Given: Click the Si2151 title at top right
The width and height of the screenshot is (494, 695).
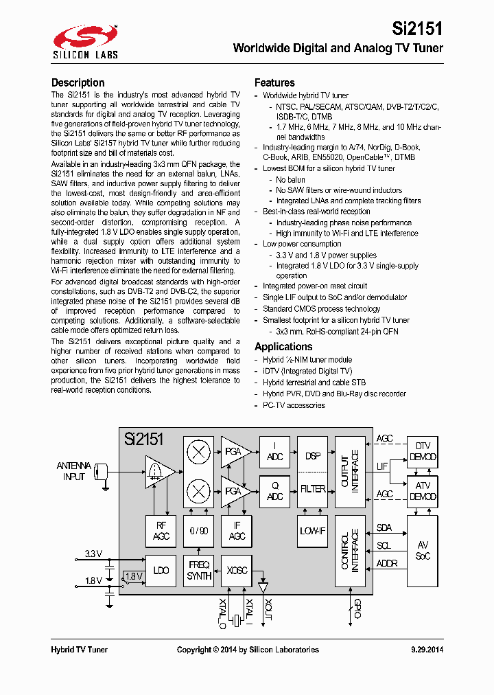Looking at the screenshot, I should click(x=417, y=29).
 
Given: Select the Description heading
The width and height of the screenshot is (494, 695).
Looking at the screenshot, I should click(x=78, y=82).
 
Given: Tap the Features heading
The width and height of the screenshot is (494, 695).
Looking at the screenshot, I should click(x=274, y=82).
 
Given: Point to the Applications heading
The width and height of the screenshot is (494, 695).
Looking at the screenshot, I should click(x=283, y=347).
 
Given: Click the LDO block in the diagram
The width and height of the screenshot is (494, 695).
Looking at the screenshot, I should click(x=161, y=571).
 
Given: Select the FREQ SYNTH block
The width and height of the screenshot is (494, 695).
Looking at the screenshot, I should click(x=199, y=571).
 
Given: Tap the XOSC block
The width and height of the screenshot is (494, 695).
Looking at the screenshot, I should click(x=237, y=571).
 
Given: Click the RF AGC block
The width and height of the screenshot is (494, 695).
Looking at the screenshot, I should click(x=161, y=532).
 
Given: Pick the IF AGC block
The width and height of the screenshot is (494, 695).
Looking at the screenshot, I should click(x=237, y=532).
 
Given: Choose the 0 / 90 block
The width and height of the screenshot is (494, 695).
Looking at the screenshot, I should click(x=199, y=532).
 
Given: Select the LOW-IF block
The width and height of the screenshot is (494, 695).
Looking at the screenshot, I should click(x=313, y=532).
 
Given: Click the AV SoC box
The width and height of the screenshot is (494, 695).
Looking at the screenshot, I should click(x=423, y=551).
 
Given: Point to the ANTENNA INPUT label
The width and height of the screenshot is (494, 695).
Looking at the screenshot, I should click(x=73, y=471).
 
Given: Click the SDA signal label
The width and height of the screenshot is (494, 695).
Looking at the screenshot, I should click(x=384, y=528).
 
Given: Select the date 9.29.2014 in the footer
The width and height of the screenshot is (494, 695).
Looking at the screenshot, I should click(x=427, y=650).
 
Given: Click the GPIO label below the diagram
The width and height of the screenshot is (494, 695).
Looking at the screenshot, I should click(x=356, y=609).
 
